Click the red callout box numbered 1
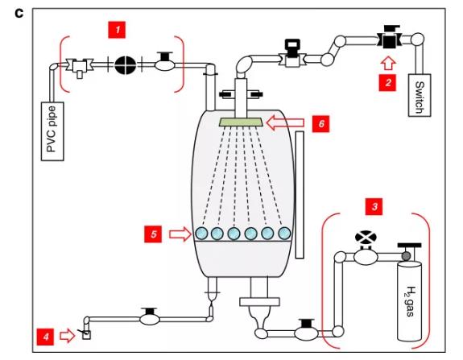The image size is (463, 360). pos(117,30)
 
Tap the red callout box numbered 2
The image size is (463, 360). pos(387,82)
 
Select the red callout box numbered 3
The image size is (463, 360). pos(374,206)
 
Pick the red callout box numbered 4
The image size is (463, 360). pos(45,337)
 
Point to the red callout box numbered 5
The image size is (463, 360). pos(153,234)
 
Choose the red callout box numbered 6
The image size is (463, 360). pos(321,123)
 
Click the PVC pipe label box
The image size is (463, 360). pos(52,131)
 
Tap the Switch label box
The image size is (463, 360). pos(420,95)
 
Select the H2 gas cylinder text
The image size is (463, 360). pos(410,301)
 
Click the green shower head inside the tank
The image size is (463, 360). pos(241,122)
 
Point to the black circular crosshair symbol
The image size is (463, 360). pos(125,65)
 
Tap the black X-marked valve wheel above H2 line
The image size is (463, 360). pos(366,237)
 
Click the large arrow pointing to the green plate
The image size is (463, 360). pos(285,123)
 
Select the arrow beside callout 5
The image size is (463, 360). pos(180,234)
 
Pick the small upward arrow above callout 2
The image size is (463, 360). pos(387,63)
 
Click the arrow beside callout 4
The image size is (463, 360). pos(68,336)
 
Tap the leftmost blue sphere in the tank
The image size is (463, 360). pos(201,234)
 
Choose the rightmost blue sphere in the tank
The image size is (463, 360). pos(284,234)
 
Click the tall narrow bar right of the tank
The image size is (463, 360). pos(300,195)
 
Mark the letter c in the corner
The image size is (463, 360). pos(19,14)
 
